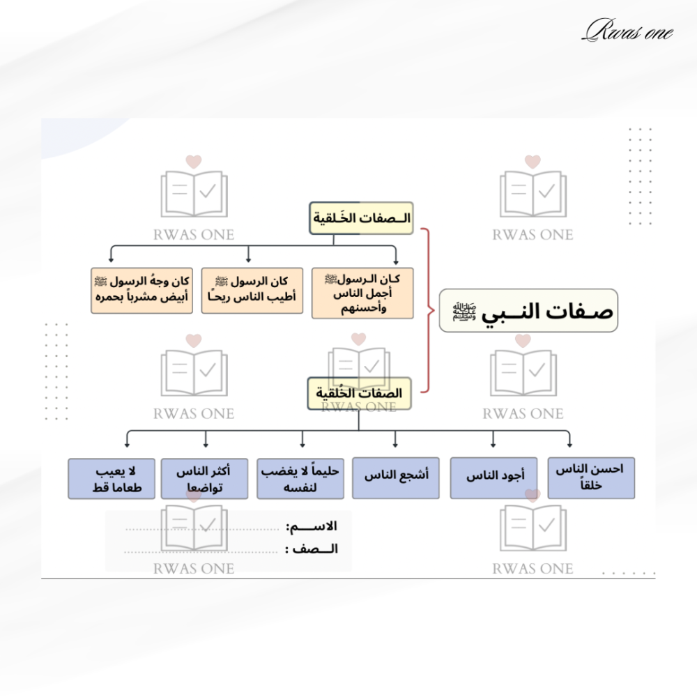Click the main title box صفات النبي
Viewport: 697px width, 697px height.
click(x=528, y=310)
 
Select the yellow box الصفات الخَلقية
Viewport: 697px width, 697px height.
click(x=361, y=218)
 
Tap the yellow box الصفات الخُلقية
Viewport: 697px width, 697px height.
click(x=359, y=393)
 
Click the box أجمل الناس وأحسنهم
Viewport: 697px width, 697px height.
click(x=362, y=293)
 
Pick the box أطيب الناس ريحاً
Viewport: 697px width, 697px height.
click(x=252, y=291)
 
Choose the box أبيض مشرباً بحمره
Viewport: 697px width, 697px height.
click(x=141, y=291)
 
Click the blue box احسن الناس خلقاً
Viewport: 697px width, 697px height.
click(x=591, y=478)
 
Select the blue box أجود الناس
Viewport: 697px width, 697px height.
click(x=493, y=478)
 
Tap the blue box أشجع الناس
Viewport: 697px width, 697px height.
click(x=395, y=478)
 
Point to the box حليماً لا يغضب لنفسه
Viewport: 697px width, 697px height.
click(x=300, y=478)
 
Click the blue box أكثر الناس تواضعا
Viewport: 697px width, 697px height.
click(x=204, y=478)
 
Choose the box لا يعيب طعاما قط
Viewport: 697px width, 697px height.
click(x=112, y=478)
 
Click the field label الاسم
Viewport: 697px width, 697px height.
click(x=321, y=527)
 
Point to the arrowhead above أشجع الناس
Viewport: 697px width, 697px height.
click(x=395, y=443)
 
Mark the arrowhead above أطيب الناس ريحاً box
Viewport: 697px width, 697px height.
click(x=250, y=259)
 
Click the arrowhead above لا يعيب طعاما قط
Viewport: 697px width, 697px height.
click(x=126, y=443)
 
